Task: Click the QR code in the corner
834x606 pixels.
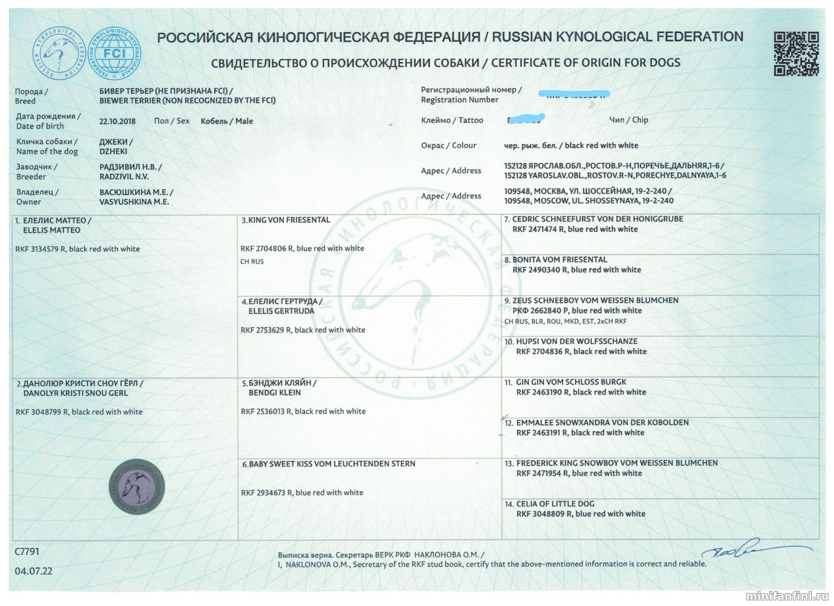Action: click(x=796, y=53)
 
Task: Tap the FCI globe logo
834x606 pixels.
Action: click(x=116, y=54)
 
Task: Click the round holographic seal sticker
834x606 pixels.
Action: click(x=137, y=485)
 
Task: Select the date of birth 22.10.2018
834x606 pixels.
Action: click(x=117, y=121)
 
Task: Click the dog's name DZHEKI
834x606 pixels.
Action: click(x=113, y=151)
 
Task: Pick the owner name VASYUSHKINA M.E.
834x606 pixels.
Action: click(x=134, y=202)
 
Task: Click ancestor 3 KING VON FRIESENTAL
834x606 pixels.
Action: click(x=286, y=220)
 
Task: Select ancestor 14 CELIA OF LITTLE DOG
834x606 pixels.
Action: click(x=555, y=504)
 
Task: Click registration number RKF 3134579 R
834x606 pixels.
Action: click(x=42, y=249)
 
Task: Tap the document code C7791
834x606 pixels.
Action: click(x=27, y=552)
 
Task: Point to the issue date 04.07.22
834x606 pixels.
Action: click(x=33, y=571)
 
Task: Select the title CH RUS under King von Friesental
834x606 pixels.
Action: click(x=252, y=261)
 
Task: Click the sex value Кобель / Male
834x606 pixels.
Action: click(x=226, y=121)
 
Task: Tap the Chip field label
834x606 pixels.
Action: click(x=628, y=120)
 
